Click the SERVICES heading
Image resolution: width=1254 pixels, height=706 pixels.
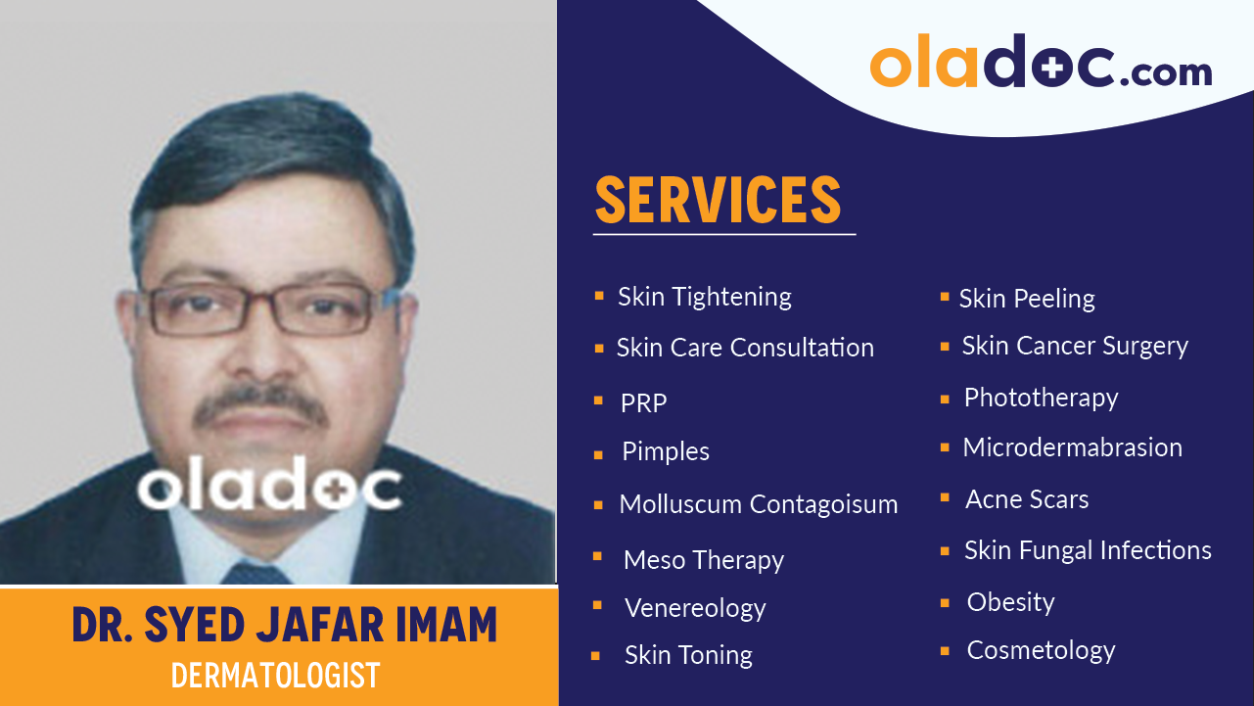[x=718, y=200]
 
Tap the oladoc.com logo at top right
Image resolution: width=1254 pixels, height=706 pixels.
[x=1041, y=66]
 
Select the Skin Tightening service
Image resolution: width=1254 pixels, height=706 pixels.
[x=704, y=297]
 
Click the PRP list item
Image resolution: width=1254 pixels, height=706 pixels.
[x=643, y=402]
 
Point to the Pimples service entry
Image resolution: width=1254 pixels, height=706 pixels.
[x=666, y=451]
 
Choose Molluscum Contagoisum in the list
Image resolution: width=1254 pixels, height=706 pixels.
[x=758, y=504]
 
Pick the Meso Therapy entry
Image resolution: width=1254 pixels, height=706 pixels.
[x=703, y=560]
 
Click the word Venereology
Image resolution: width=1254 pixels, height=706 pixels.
[x=695, y=608]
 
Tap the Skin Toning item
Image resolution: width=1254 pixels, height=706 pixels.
[x=688, y=655]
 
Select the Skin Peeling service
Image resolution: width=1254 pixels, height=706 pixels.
[x=1027, y=299]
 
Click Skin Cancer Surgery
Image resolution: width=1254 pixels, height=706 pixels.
[x=1075, y=346]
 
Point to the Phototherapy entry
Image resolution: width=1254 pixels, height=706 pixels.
[x=1041, y=398]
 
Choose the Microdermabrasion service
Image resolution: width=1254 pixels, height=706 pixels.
[x=1072, y=447]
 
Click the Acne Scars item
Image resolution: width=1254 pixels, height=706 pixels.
[x=1027, y=499]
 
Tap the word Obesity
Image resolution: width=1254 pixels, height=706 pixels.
[x=1010, y=602]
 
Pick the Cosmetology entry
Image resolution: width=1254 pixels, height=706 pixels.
[x=1041, y=650]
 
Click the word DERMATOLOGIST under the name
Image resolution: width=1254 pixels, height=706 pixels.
[x=275, y=676]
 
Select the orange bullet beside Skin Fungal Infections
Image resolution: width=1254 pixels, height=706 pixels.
[x=945, y=551]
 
